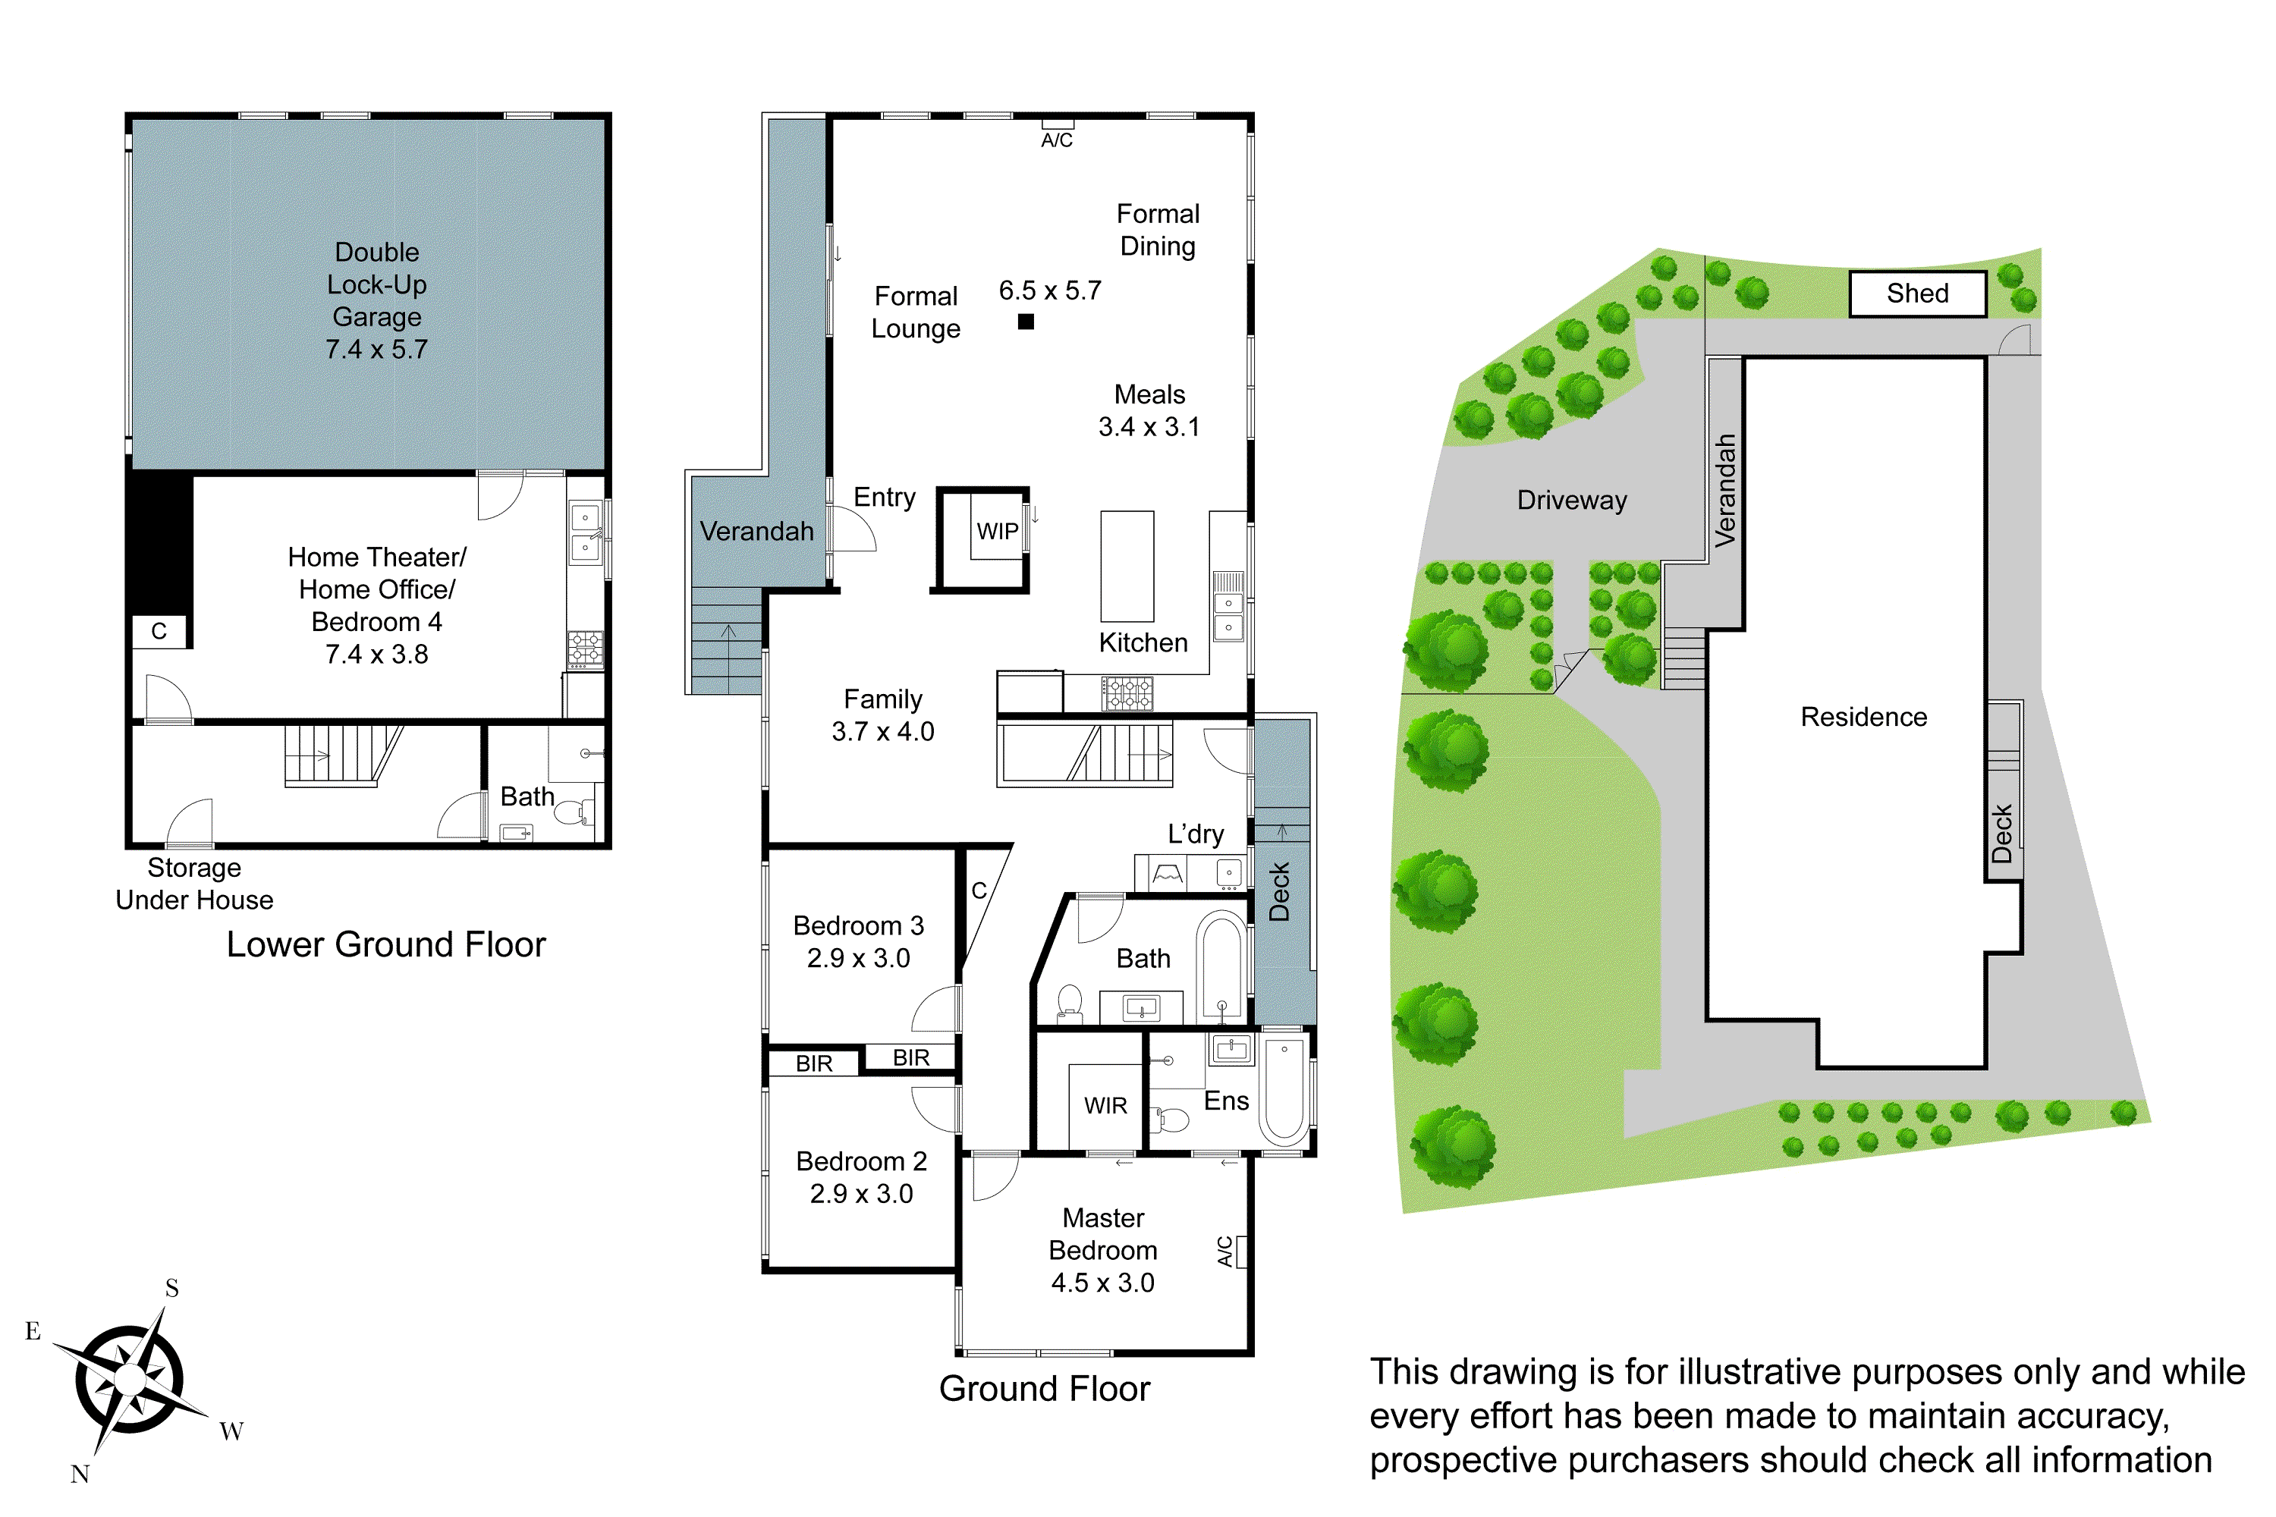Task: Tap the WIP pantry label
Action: coord(997,531)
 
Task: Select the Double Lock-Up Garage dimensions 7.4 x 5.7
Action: coord(376,349)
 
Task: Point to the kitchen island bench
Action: coord(1127,566)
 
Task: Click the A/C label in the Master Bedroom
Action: coord(1225,1251)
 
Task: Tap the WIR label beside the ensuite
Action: coord(1105,1106)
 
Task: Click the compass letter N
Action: coord(80,1475)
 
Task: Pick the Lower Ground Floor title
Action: coord(385,944)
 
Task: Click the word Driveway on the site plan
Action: coord(1571,500)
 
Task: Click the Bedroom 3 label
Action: coord(858,926)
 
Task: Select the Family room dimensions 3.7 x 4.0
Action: coord(882,731)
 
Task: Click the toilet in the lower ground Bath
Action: coord(571,811)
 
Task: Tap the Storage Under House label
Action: coord(194,884)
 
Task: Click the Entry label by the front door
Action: coord(884,498)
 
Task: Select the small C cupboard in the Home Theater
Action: coord(159,632)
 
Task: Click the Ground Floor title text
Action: coord(1044,1388)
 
